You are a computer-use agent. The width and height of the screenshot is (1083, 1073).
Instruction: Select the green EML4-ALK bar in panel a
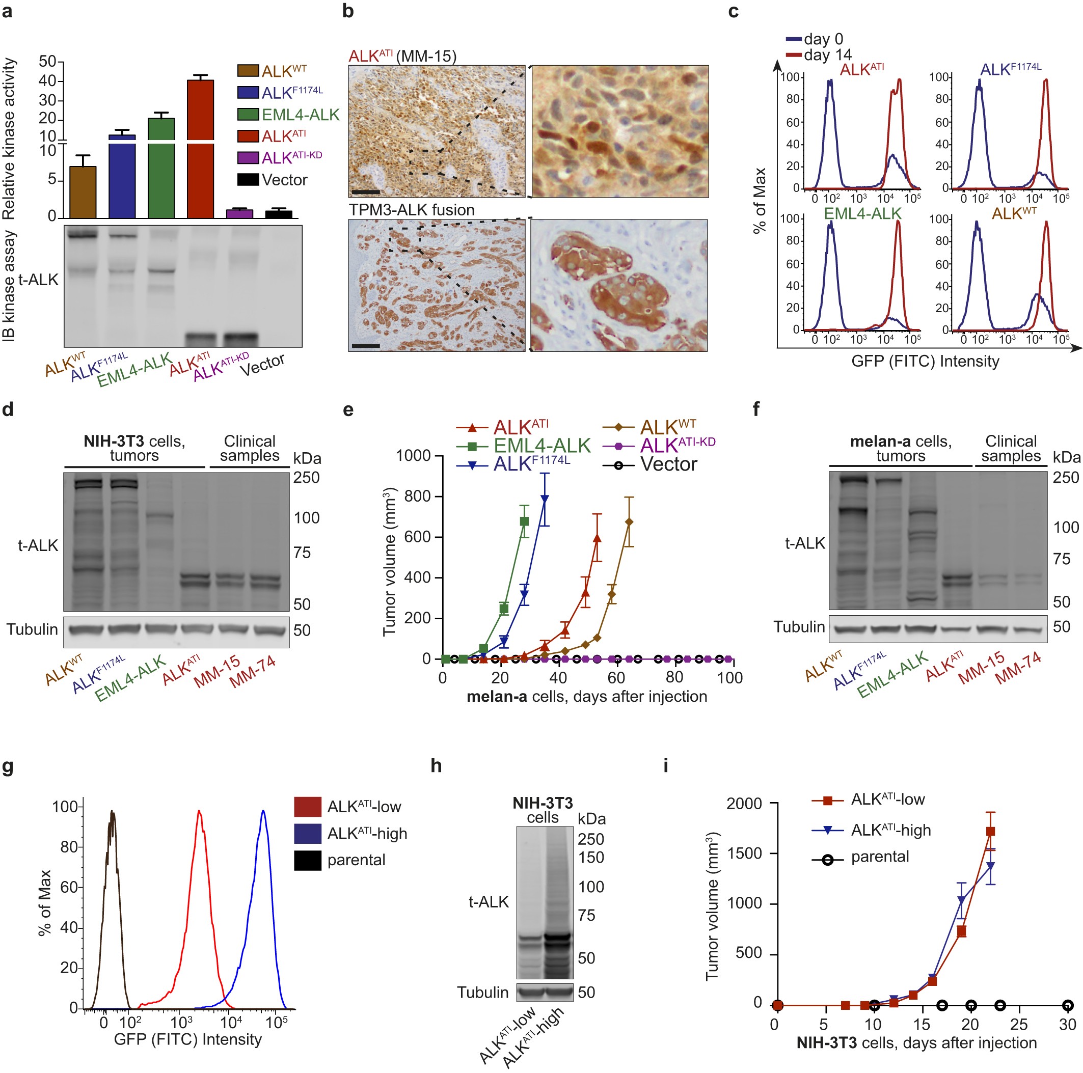161,168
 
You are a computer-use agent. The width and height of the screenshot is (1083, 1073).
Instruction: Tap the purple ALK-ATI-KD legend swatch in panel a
248,157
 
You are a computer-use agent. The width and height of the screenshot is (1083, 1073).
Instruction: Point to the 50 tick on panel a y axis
48,62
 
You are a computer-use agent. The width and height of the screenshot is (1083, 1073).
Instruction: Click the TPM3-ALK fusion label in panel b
412,210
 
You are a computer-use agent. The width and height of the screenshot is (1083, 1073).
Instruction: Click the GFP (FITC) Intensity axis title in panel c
925,362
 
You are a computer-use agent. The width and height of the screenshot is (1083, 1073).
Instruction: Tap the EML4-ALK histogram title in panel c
862,213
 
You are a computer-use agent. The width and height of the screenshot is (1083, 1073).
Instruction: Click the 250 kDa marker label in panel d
306,478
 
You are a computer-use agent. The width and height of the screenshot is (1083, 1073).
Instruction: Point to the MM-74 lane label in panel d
253,671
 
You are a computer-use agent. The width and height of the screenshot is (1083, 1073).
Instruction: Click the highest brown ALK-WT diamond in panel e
629,522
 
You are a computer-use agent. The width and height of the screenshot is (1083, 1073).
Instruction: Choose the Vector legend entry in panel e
668,464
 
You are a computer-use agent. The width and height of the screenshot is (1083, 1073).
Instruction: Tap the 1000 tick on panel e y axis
413,456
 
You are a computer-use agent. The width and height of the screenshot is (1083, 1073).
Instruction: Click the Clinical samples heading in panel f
1011,448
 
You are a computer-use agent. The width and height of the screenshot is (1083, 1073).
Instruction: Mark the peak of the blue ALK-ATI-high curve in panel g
263,811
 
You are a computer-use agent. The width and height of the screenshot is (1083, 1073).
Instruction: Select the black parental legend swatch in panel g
307,860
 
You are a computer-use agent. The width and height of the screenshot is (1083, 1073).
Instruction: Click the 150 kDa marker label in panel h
591,857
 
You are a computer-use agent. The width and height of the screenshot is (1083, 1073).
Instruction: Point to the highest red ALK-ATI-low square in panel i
990,832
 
